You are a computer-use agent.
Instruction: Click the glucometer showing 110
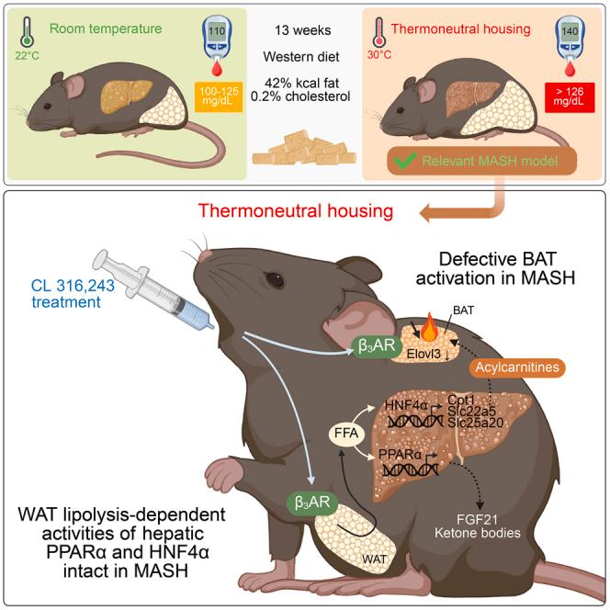click(x=215, y=48)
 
